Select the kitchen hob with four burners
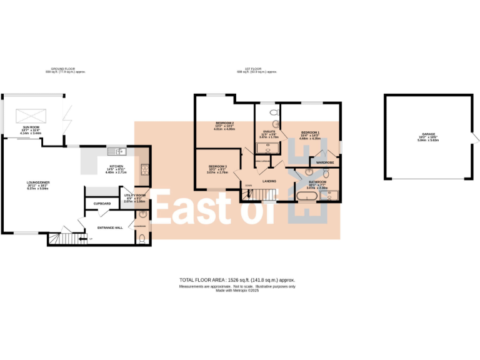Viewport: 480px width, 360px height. click(x=144, y=169)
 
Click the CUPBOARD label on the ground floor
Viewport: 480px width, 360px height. click(x=102, y=204)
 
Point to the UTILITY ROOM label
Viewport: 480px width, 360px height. click(x=134, y=196)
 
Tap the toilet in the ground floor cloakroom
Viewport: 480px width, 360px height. click(x=143, y=237)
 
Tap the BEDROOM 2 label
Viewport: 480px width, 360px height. click(x=224, y=122)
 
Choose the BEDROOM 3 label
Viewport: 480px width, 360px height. click(x=217, y=166)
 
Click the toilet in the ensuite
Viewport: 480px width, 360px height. click(x=272, y=112)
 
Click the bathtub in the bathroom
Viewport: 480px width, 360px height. click(x=306, y=196)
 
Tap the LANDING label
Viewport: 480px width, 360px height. click(x=269, y=181)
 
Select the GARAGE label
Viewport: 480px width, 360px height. click(x=428, y=134)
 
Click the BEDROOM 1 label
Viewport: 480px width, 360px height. click(x=310, y=132)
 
